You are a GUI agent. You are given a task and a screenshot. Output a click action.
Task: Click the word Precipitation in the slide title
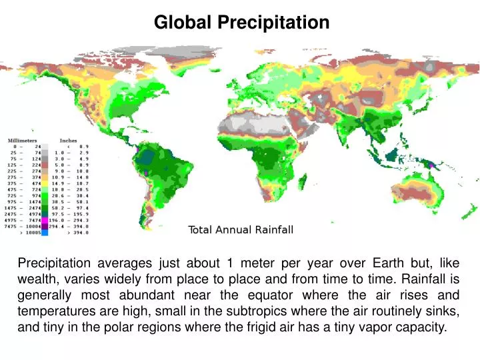(x=273, y=23)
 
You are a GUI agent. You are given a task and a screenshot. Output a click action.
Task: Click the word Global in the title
(x=183, y=23)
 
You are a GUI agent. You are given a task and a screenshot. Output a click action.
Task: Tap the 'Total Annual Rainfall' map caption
(x=241, y=230)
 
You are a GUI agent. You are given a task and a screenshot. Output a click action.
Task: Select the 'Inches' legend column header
(x=68, y=141)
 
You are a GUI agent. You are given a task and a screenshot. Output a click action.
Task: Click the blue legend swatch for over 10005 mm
(x=45, y=233)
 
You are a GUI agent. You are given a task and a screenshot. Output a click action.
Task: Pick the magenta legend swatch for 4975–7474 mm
(x=45, y=219)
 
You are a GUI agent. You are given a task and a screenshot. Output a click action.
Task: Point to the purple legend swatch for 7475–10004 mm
(x=45, y=226)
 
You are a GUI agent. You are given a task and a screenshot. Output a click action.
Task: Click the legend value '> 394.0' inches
(x=77, y=233)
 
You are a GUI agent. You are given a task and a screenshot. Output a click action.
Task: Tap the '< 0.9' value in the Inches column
(x=77, y=147)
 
